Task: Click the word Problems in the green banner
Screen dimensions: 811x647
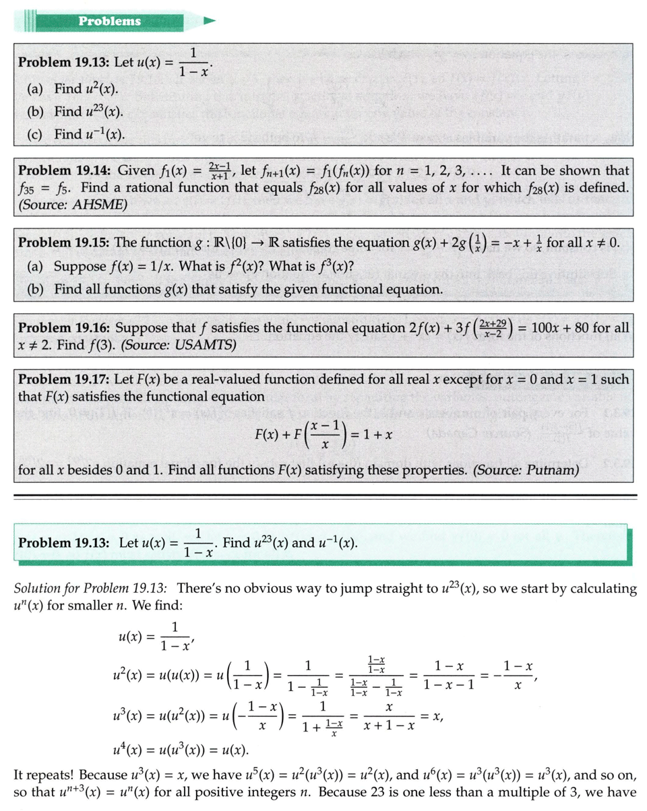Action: pos(110,21)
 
